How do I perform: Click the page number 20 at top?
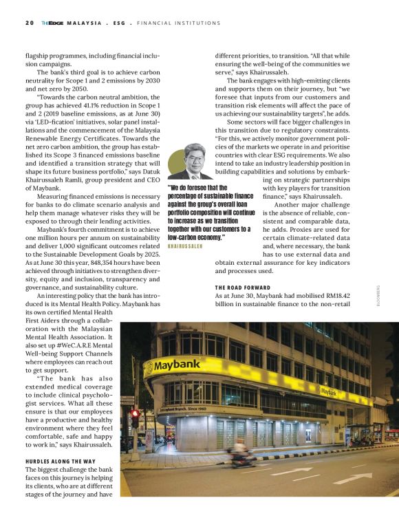point(29,23)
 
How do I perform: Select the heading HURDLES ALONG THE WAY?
point(60,460)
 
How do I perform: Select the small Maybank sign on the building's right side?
point(329,391)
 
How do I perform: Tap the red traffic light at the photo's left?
point(135,414)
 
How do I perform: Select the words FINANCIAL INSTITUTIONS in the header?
point(179,23)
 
